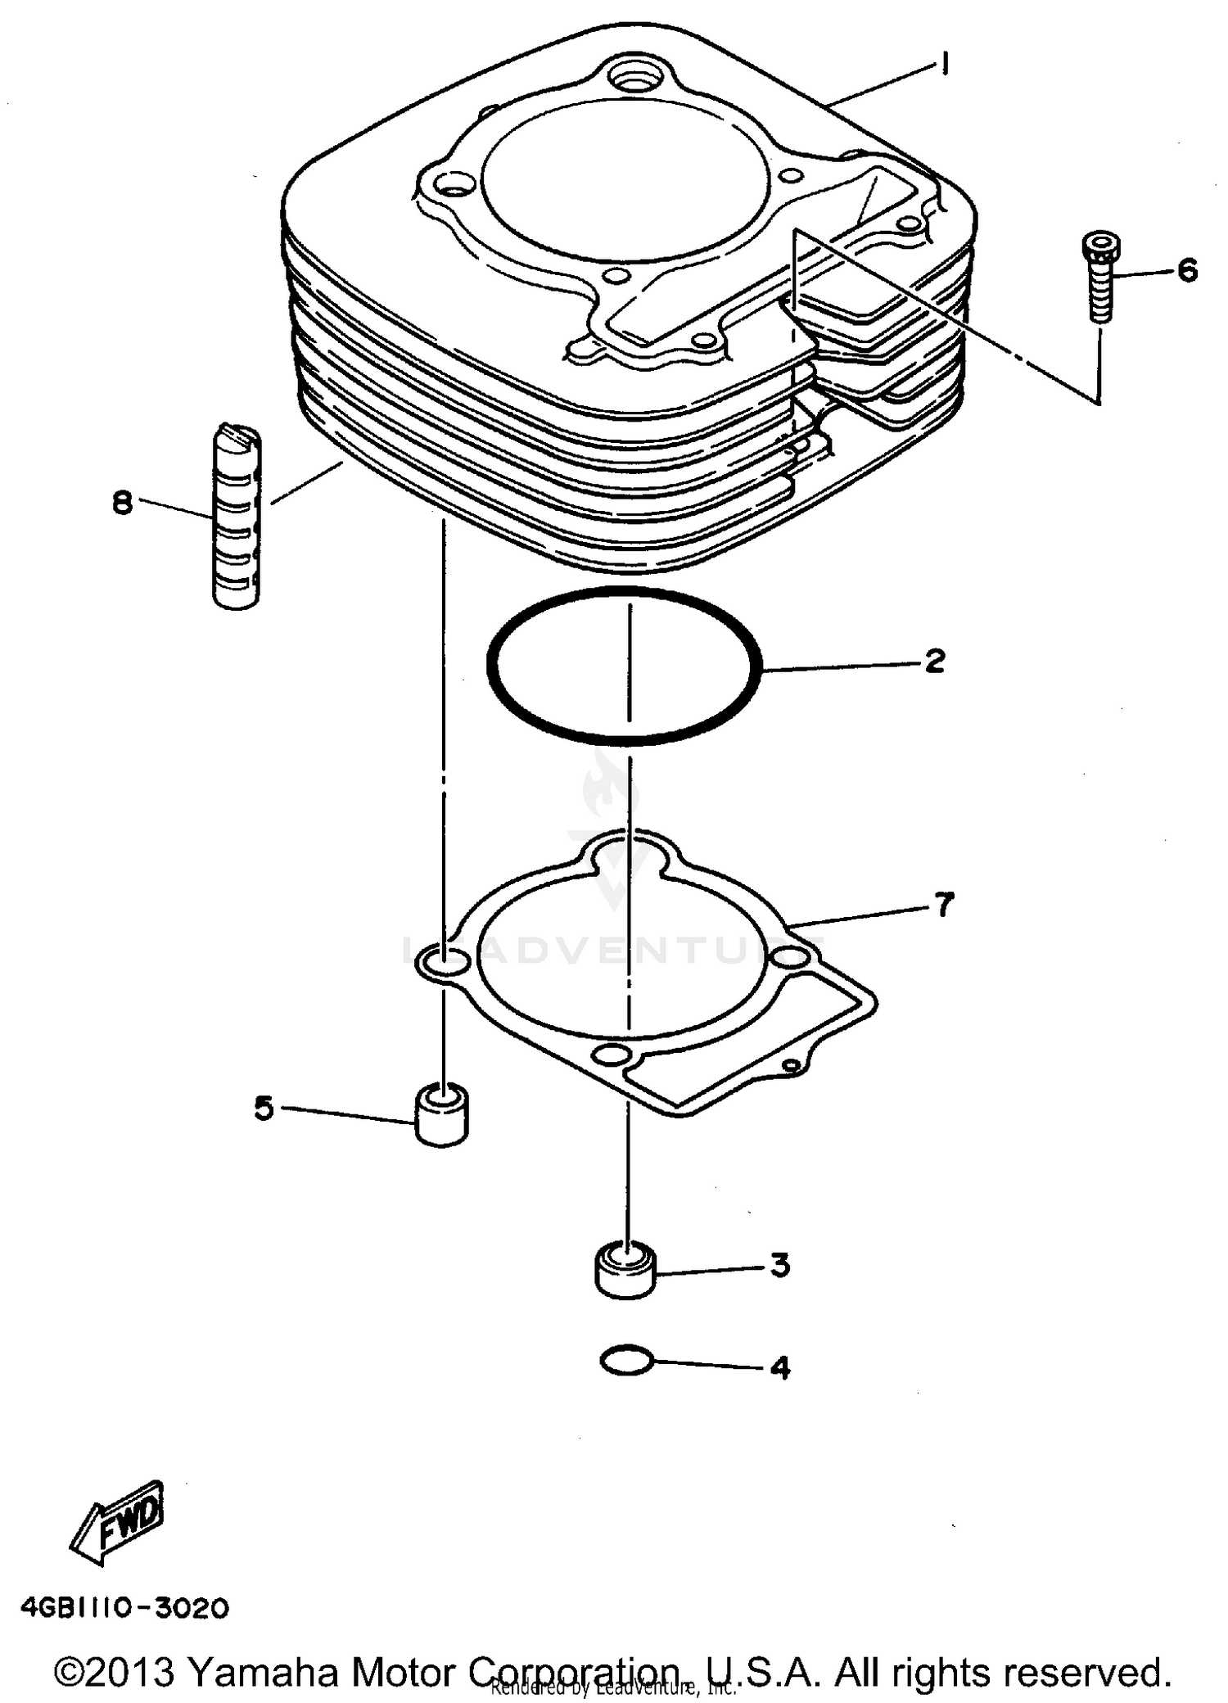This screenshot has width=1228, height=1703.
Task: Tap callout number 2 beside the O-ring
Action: pos(934,661)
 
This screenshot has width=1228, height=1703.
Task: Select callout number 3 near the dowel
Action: pos(779,1265)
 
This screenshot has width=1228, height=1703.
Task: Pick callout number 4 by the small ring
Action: pos(780,1367)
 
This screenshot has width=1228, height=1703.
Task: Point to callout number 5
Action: pos(264,1109)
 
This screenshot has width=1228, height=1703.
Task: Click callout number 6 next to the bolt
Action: pos(1187,270)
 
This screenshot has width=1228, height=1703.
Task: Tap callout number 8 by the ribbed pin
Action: pos(123,502)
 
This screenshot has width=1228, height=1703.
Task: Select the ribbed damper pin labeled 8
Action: pos(237,517)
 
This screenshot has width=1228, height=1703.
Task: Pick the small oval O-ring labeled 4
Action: pos(626,1362)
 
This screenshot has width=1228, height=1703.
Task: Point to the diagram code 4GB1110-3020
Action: pos(125,1608)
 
